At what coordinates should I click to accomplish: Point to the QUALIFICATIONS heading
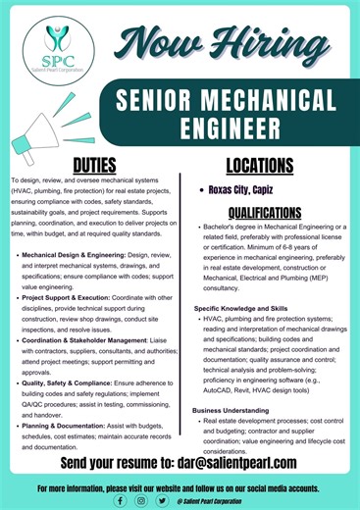point(264,212)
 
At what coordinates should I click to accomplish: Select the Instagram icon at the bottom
point(141,498)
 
